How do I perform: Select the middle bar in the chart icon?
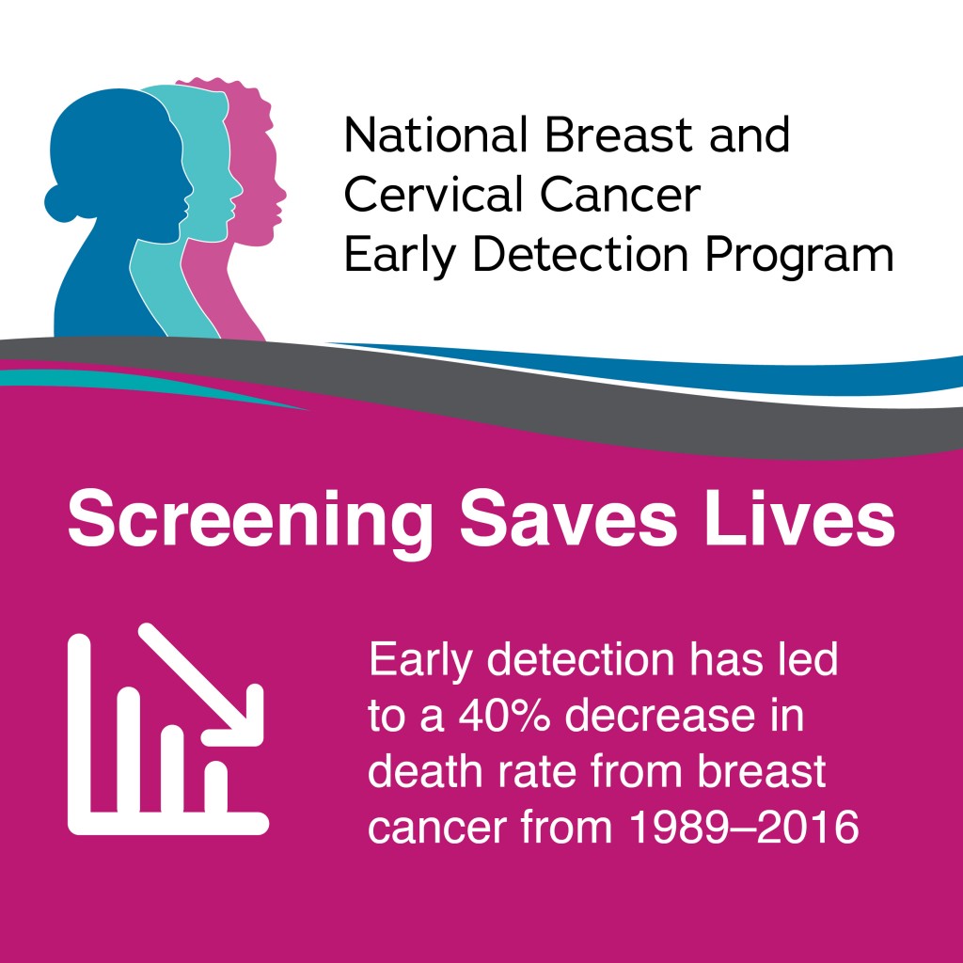click(173, 767)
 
